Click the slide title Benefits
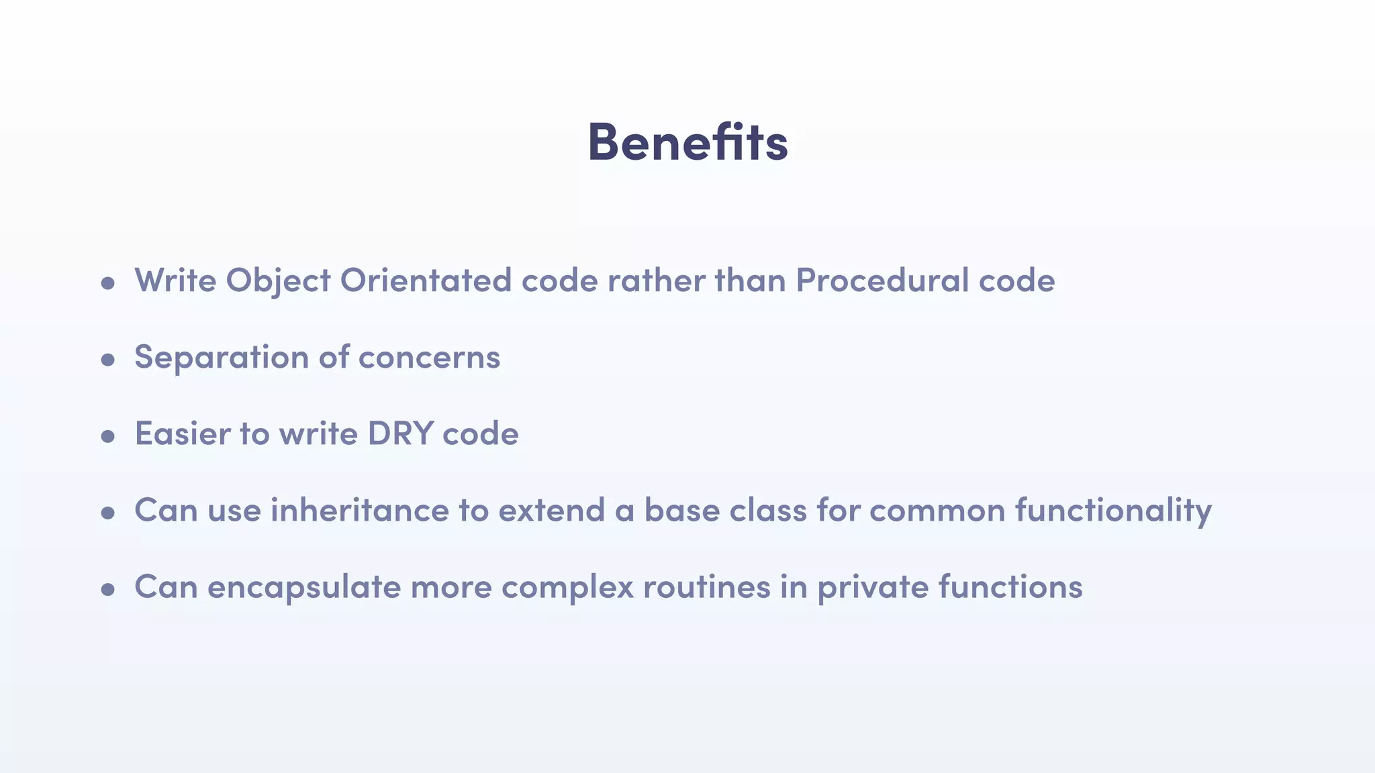coord(687,142)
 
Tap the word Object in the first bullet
coord(278,280)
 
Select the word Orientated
coord(426,280)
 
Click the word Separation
coord(222,357)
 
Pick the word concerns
coord(429,357)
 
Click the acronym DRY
coord(400,433)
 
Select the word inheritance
coord(360,510)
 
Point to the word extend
coord(551,510)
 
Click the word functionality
coord(1113,510)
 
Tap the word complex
coord(567,587)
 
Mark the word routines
coord(706,587)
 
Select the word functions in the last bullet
coord(1010,587)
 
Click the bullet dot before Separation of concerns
coord(107,360)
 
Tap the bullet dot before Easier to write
coord(107,437)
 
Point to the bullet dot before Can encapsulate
coord(107,590)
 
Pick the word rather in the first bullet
coord(656,280)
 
